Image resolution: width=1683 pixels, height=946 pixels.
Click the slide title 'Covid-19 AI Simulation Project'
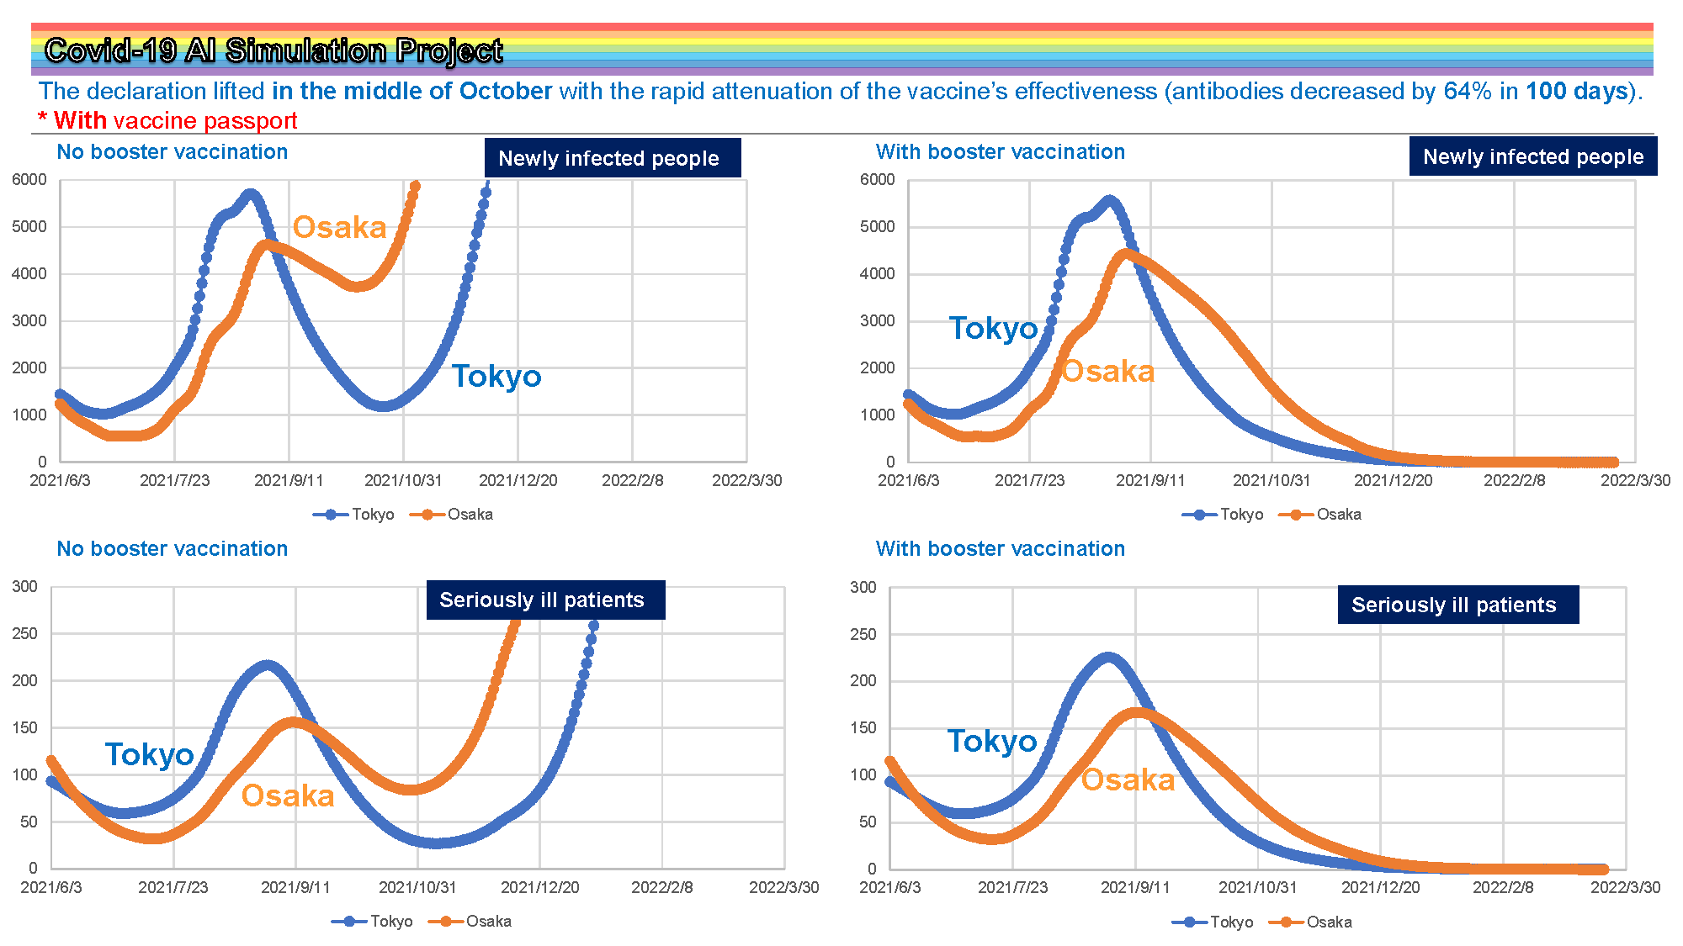tap(273, 50)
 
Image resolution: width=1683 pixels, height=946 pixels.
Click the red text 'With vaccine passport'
tap(175, 120)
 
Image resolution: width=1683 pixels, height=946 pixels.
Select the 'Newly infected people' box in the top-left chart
tap(612, 158)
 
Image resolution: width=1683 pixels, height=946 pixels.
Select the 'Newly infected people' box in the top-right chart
tap(1532, 156)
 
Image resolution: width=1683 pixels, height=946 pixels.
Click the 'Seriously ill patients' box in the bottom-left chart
tap(544, 600)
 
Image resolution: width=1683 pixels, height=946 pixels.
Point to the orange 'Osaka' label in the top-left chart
tap(339, 227)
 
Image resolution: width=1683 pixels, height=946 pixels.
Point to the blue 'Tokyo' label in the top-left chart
tap(496, 376)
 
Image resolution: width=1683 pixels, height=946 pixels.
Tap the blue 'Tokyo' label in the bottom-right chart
tap(992, 741)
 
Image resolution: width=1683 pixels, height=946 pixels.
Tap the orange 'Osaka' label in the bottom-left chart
tap(288, 795)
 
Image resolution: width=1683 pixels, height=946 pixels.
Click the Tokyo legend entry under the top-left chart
tap(353, 514)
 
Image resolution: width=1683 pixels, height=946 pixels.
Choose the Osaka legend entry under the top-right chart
tap(1319, 514)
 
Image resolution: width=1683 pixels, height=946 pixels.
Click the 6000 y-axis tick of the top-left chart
tap(29, 179)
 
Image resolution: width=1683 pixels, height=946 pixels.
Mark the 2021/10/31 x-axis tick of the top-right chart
tap(1271, 480)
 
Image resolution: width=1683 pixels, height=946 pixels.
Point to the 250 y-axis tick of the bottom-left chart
tap(24, 633)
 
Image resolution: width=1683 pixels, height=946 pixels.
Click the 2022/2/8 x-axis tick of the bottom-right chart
tap(1502, 887)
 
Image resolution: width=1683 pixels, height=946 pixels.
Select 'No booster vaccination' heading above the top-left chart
tap(173, 151)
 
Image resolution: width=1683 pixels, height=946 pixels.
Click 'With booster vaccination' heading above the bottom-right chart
tap(1000, 548)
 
